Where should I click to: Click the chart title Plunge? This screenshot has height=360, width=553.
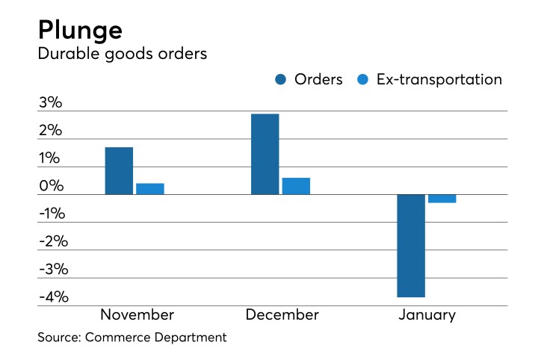point(79,31)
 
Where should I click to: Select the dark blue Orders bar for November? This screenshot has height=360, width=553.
point(119,171)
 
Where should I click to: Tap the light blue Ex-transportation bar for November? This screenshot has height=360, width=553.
point(150,189)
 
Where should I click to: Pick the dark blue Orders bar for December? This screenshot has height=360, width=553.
point(265,154)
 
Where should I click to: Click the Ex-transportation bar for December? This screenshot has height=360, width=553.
point(296,186)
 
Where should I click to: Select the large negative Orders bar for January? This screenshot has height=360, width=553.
point(411,246)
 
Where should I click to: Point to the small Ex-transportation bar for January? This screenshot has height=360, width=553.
point(442,199)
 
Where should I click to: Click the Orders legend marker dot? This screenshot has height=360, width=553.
point(282,80)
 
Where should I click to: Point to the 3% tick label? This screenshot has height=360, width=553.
point(52,103)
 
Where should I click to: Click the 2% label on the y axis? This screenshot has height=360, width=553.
point(52,131)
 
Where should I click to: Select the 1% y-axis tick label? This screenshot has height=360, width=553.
point(52,158)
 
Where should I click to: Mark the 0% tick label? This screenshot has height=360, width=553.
point(52,186)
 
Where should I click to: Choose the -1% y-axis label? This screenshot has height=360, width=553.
point(52,214)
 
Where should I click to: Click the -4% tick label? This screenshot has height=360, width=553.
point(52,297)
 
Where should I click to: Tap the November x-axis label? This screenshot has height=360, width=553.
point(137,315)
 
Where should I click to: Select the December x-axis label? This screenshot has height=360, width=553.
point(282,315)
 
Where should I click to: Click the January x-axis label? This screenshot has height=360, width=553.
point(427,315)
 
